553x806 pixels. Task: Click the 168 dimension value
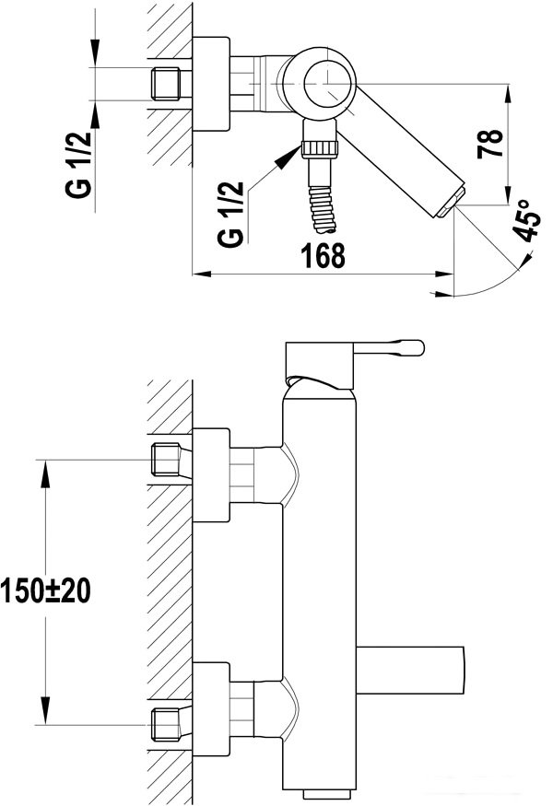click(x=323, y=255)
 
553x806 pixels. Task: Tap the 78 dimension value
click(x=490, y=144)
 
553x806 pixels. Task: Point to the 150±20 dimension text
click(x=46, y=590)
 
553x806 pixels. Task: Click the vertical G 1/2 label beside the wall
click(x=78, y=164)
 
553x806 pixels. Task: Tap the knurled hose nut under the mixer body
click(x=321, y=148)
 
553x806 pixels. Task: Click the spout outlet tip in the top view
click(x=453, y=202)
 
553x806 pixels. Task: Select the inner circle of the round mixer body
click(x=330, y=82)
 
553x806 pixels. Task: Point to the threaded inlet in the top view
click(x=166, y=83)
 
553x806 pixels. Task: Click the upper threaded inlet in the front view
click(x=166, y=460)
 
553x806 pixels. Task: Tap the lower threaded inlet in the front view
click(x=166, y=725)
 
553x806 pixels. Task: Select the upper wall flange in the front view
click(x=211, y=475)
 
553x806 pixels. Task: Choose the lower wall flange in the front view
click(x=211, y=710)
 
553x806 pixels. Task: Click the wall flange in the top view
click(x=211, y=84)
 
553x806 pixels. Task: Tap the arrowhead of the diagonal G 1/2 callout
click(x=288, y=156)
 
